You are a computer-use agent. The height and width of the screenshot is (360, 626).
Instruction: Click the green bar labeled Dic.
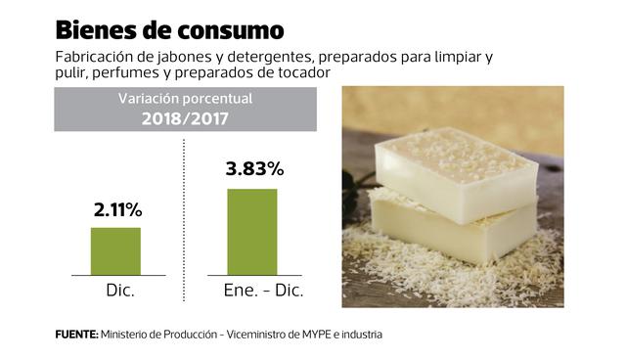[115, 251]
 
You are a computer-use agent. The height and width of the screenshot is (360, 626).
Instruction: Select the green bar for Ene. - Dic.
[252, 232]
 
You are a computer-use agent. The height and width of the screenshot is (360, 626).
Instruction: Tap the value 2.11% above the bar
[116, 210]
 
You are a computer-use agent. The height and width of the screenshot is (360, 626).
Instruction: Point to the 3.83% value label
[253, 168]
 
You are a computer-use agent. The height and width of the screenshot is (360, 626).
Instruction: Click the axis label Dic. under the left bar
[118, 292]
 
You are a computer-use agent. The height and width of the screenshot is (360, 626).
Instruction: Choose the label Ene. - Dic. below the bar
[252, 292]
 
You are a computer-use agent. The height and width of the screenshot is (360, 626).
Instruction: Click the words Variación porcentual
[186, 99]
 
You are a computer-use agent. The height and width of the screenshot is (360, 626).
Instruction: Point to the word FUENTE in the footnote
[75, 335]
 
